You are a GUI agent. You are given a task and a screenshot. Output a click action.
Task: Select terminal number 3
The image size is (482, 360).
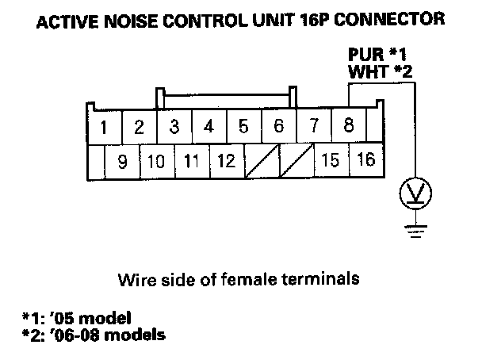(x=174, y=127)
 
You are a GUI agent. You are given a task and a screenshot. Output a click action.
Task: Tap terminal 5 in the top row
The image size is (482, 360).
(x=243, y=127)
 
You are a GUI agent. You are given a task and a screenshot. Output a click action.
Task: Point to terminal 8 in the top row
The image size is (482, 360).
(x=349, y=126)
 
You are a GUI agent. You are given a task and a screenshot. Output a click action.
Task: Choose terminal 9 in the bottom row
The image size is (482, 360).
(x=123, y=162)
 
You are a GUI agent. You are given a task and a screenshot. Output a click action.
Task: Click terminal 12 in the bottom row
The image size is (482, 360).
(x=226, y=162)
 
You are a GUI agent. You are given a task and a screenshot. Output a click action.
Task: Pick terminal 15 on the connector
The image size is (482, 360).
(x=331, y=161)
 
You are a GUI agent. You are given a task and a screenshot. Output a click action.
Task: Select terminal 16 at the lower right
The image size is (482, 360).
(x=365, y=161)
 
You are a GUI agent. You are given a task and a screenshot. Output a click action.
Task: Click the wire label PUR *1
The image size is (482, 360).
(x=377, y=56)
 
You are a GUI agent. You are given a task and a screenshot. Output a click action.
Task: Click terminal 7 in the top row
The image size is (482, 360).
(x=314, y=126)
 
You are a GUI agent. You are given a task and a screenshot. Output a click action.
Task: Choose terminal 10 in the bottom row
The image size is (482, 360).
(x=156, y=162)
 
